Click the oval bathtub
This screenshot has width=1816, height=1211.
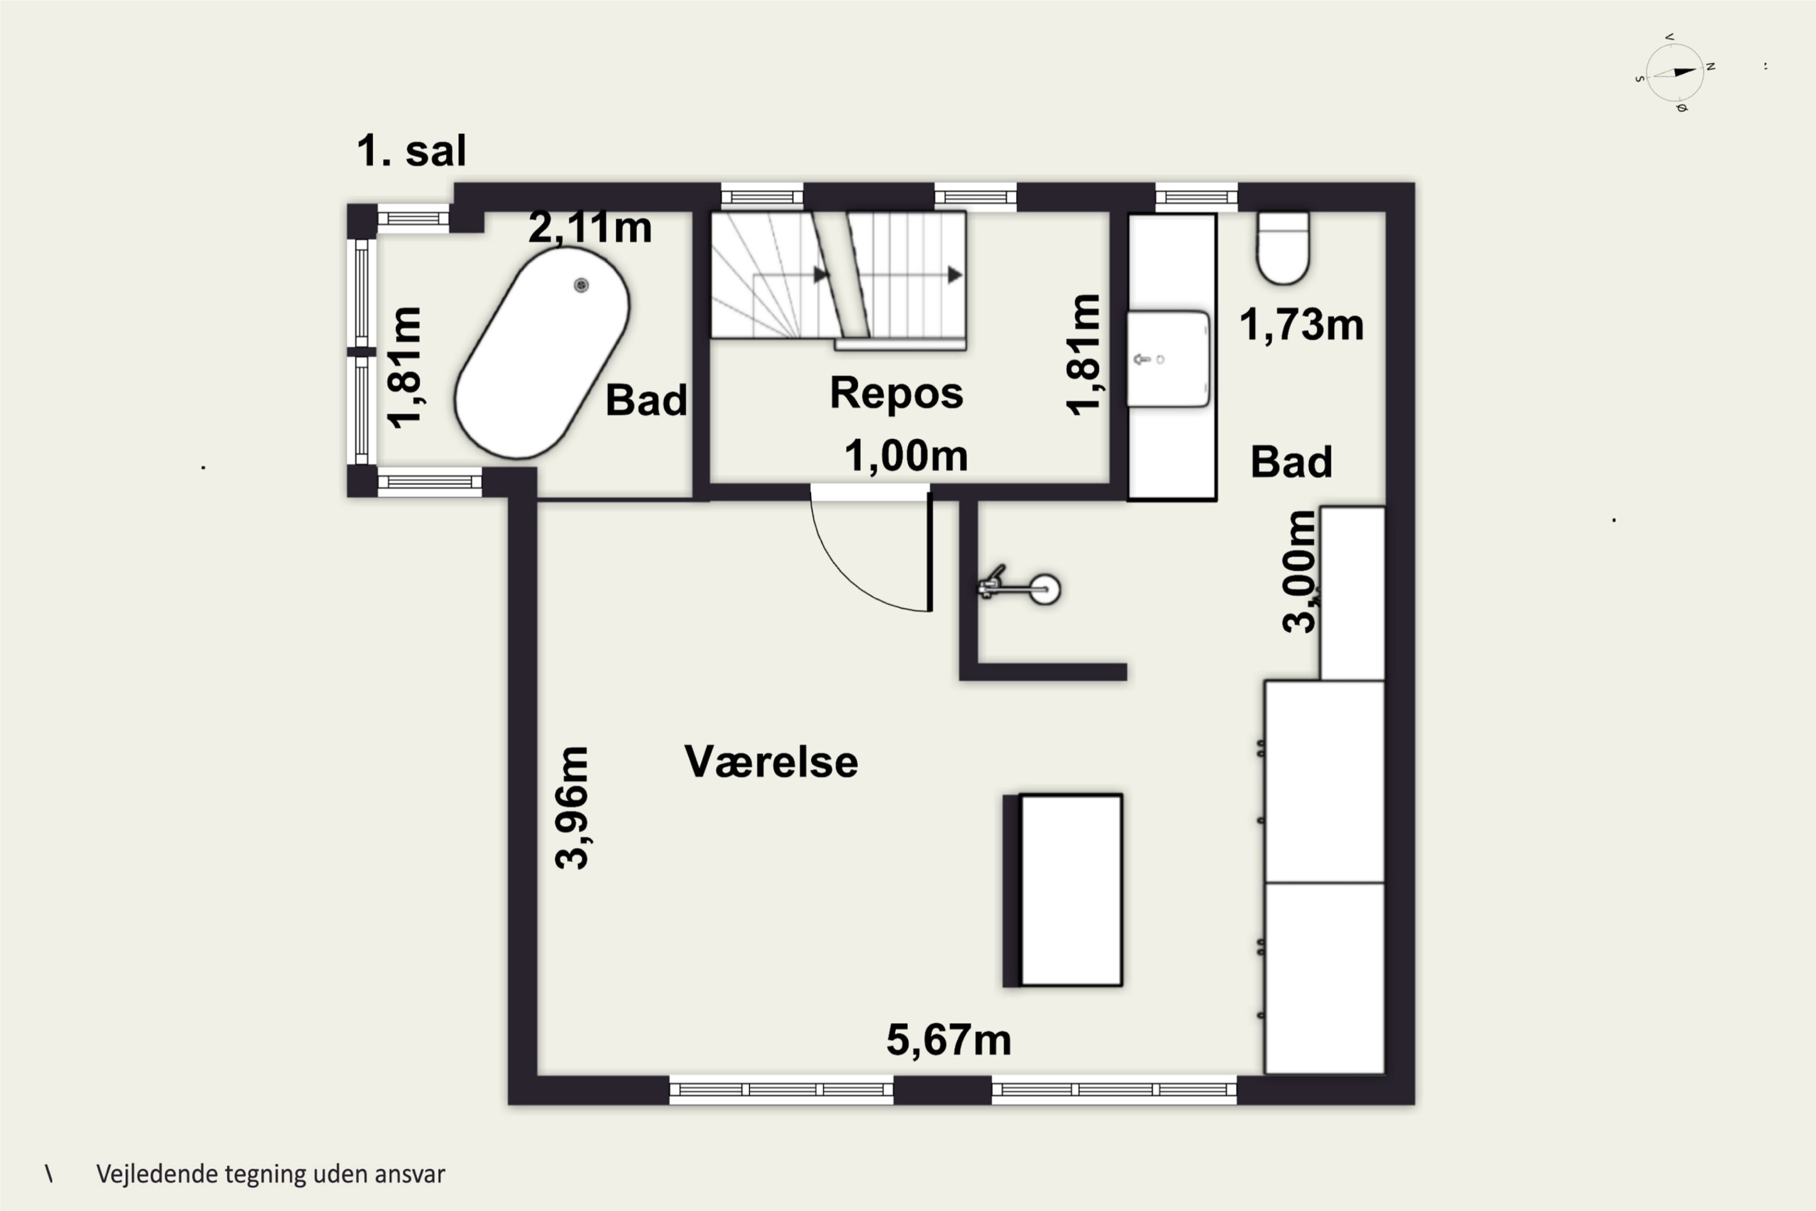click(x=541, y=353)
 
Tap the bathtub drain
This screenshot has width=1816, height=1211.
click(x=581, y=286)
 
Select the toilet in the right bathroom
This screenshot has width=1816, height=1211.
click(x=1283, y=247)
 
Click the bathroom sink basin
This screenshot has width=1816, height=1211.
click(x=1168, y=358)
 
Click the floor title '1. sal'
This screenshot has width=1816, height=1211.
click(x=412, y=151)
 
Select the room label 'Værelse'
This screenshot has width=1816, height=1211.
click(x=771, y=762)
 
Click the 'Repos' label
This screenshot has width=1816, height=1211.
click(x=896, y=393)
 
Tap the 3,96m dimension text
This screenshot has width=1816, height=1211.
click(x=573, y=808)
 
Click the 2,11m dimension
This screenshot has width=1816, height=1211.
click(x=590, y=228)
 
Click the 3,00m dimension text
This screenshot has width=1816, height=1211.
click(x=1298, y=572)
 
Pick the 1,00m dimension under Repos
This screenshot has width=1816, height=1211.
click(x=906, y=456)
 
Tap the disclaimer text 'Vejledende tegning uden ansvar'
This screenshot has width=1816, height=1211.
click(x=270, y=1175)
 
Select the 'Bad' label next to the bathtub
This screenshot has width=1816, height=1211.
click(x=646, y=400)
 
